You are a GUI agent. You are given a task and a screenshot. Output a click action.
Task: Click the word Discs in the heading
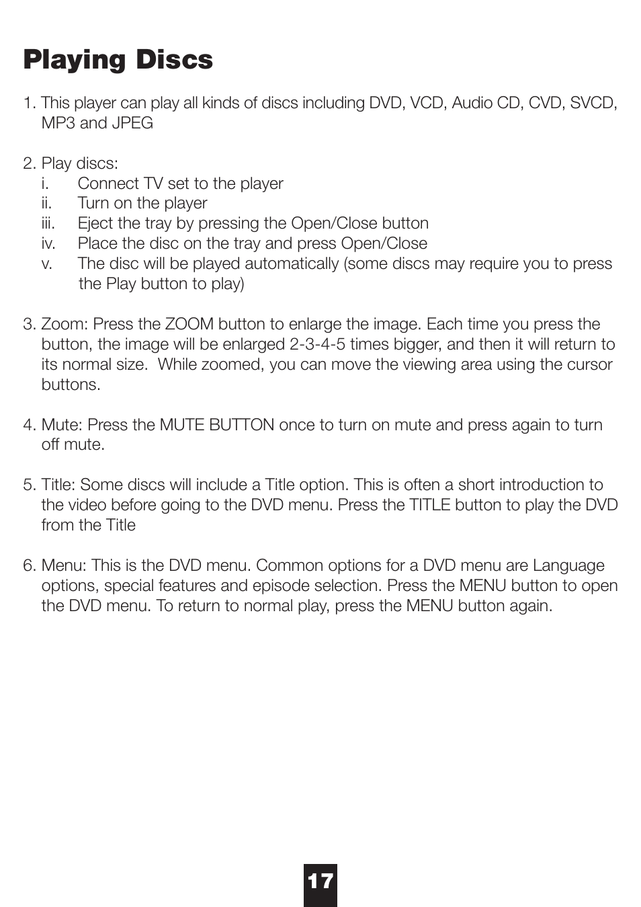pyautogui.click(x=174, y=59)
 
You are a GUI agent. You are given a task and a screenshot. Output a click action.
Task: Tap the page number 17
pyautogui.click(x=320, y=881)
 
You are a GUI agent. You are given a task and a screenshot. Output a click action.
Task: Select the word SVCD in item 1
pyautogui.click(x=593, y=103)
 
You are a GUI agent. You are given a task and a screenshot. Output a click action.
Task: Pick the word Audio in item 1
pyautogui.click(x=471, y=103)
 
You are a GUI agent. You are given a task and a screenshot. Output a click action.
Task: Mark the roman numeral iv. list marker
pyautogui.click(x=48, y=243)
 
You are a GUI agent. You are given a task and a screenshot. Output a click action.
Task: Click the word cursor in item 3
pyautogui.click(x=589, y=364)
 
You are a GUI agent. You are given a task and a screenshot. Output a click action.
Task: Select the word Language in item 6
pyautogui.click(x=568, y=565)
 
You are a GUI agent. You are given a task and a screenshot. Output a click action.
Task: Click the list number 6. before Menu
pyautogui.click(x=30, y=565)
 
